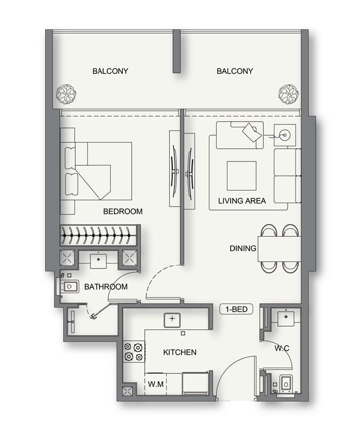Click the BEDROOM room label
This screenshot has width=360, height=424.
(x=123, y=212)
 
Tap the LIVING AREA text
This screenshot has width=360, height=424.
(x=242, y=200)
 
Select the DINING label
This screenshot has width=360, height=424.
(x=243, y=248)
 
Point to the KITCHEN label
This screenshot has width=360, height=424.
(x=180, y=352)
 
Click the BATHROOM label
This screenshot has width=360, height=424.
(x=106, y=287)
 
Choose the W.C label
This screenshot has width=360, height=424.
(x=282, y=348)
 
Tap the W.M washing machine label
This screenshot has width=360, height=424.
(x=155, y=384)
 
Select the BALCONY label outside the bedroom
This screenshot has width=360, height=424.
(x=110, y=71)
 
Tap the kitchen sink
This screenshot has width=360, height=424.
(x=171, y=319)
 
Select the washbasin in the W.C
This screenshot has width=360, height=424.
(x=285, y=317)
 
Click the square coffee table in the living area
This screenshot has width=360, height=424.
(x=241, y=176)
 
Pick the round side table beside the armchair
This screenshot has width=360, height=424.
(x=283, y=133)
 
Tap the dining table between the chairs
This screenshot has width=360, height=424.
(x=279, y=248)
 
